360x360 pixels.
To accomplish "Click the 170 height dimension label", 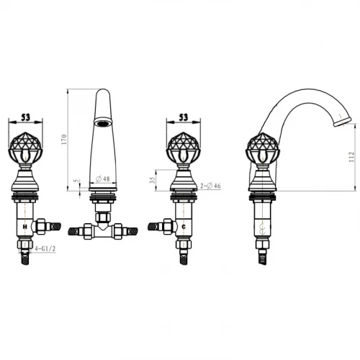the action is pyautogui.click(x=64, y=140).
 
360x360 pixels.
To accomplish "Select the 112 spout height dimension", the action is pyautogui.click(x=351, y=157).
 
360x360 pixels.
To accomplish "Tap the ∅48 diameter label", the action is pyautogui.click(x=103, y=179).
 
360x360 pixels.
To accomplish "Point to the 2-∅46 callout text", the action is pyautogui.click(x=210, y=186).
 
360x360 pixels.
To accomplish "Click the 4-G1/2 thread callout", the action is pyautogui.click(x=45, y=249).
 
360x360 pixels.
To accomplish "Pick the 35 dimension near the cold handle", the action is pyautogui.click(x=152, y=181).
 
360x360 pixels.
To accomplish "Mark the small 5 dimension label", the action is pyautogui.click(x=77, y=181).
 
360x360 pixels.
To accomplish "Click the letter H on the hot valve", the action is pyautogui.click(x=24, y=226).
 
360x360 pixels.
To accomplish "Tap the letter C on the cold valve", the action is pyautogui.click(x=184, y=226).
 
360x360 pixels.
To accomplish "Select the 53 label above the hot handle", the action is pyautogui.click(x=26, y=117).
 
